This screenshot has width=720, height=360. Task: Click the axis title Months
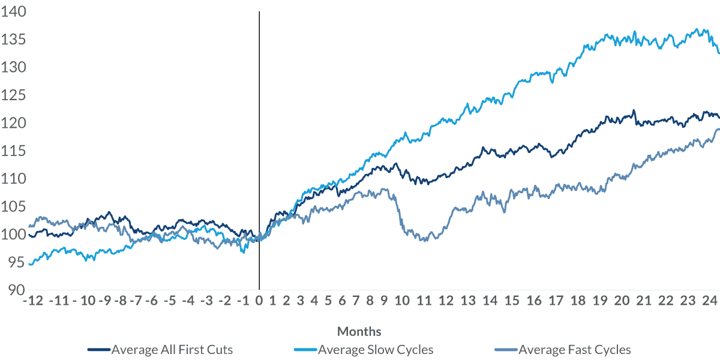coord(359,331)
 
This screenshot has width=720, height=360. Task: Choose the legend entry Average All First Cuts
coord(172,349)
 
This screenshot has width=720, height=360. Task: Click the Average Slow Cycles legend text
coord(376,349)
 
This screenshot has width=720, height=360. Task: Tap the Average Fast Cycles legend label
coord(574,349)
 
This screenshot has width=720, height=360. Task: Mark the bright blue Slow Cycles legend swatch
coord(305,349)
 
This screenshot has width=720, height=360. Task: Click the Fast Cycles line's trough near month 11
coord(424,240)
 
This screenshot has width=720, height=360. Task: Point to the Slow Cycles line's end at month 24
coord(719,53)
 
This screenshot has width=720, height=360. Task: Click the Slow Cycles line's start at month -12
coord(29,264)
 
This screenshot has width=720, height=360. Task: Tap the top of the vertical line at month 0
coord(259,12)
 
